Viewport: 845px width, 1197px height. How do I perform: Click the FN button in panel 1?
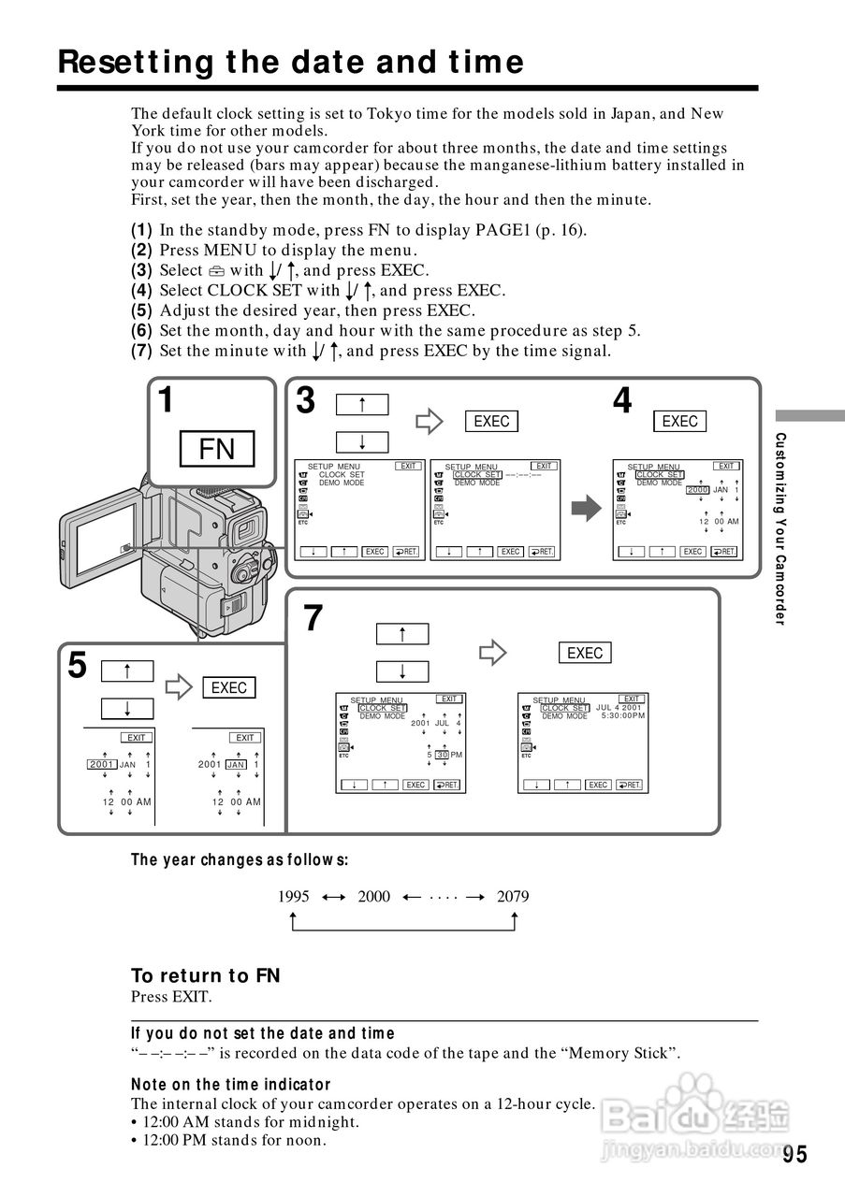click(217, 449)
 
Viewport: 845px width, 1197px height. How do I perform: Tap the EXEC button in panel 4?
click(679, 421)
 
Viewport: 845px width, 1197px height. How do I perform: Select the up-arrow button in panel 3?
click(361, 404)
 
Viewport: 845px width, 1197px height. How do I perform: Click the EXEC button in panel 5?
click(228, 687)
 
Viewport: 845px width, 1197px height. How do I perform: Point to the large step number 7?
click(313, 619)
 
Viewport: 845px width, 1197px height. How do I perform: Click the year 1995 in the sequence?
click(294, 896)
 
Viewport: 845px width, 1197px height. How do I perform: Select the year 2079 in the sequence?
click(513, 896)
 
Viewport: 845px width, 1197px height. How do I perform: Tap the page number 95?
click(794, 1154)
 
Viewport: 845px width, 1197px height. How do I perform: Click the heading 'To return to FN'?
click(206, 975)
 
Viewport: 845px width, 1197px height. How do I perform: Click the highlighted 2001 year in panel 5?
click(101, 764)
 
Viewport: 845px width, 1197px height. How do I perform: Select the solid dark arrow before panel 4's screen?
click(586, 510)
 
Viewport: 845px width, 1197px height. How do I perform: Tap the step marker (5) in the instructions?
click(141, 310)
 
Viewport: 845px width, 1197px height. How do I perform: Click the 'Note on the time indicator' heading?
click(231, 1084)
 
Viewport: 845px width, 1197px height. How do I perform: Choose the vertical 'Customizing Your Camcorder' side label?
click(781, 529)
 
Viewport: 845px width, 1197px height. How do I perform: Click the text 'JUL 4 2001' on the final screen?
click(619, 707)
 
